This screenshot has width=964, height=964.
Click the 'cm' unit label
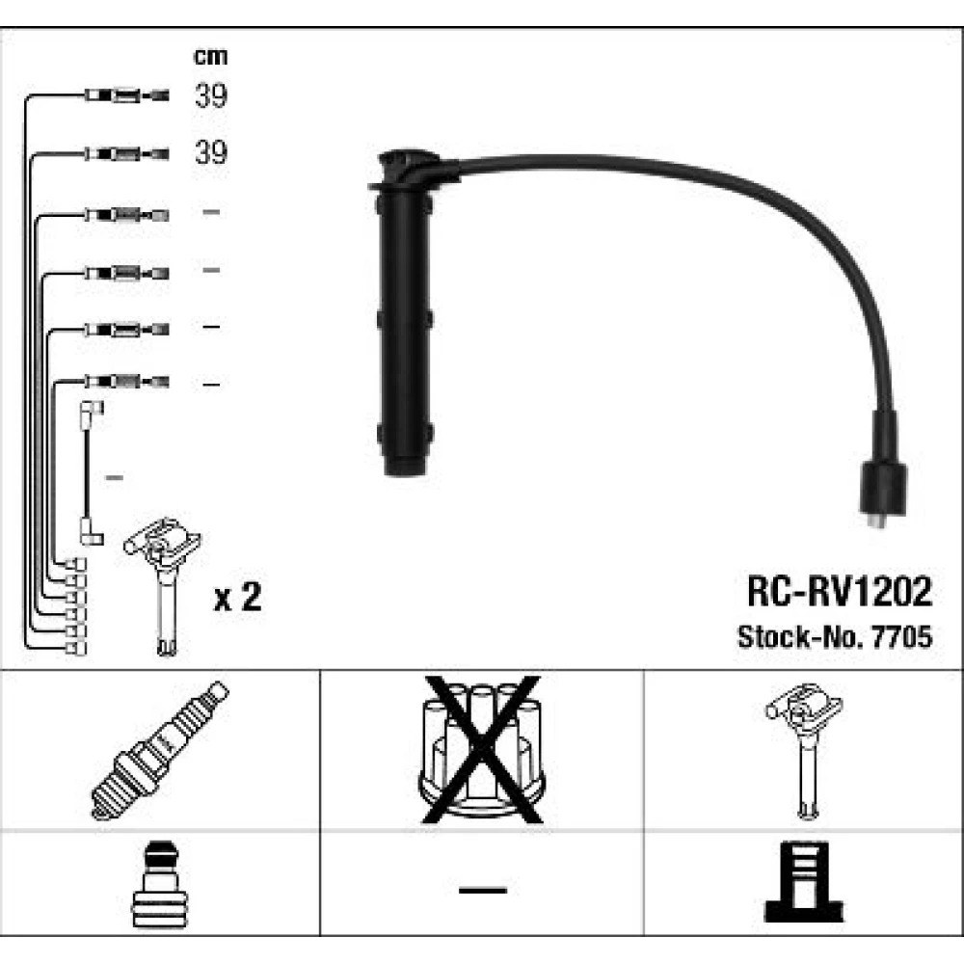pyautogui.click(x=210, y=57)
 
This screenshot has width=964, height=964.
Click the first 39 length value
pyautogui.click(x=211, y=95)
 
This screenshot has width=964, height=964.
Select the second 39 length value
pyautogui.click(x=211, y=152)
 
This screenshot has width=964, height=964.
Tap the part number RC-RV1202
pyautogui.click(x=840, y=592)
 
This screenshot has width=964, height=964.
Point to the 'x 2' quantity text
pyautogui.click(x=237, y=597)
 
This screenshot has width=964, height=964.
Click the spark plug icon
pyautogui.click(x=160, y=750)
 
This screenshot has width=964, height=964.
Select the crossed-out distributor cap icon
pyautogui.click(x=481, y=749)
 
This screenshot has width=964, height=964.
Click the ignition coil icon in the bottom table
pyautogui.click(x=804, y=750)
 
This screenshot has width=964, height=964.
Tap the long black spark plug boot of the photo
pyautogui.click(x=404, y=313)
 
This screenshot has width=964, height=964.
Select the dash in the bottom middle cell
pyautogui.click(x=483, y=890)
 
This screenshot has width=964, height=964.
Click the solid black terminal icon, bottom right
pyautogui.click(x=804, y=882)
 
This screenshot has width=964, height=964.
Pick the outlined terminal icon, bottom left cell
pyautogui.click(x=159, y=884)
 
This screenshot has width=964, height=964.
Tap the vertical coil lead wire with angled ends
pyautogui.click(x=91, y=472)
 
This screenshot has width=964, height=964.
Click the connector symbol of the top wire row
pyautogui.click(x=126, y=95)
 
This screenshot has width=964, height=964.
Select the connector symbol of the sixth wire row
pyautogui.click(x=126, y=382)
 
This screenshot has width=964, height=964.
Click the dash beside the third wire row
pyautogui.click(x=211, y=212)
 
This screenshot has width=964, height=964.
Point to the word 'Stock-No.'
pyautogui.click(x=801, y=637)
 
